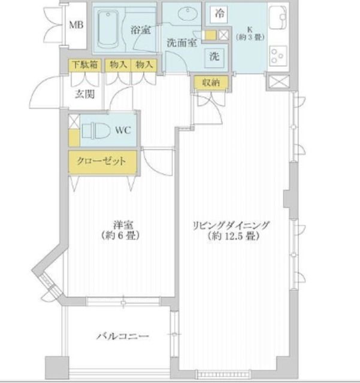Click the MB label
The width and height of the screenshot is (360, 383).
click(x=76, y=25)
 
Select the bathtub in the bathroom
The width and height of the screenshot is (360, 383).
click(x=110, y=30)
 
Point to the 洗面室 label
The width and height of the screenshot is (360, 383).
click(x=182, y=43)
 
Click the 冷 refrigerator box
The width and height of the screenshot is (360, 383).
click(x=220, y=13)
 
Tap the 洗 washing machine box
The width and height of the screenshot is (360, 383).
click(x=214, y=57)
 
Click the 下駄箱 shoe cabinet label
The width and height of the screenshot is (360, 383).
click(x=83, y=65)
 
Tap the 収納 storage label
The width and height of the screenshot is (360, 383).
click(x=210, y=83)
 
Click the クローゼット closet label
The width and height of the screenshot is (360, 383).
click(x=102, y=162)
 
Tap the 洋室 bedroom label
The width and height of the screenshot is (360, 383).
click(x=123, y=225)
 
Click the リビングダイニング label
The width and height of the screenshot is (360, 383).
click(x=231, y=225)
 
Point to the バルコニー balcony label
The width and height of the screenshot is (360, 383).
click(x=123, y=337)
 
